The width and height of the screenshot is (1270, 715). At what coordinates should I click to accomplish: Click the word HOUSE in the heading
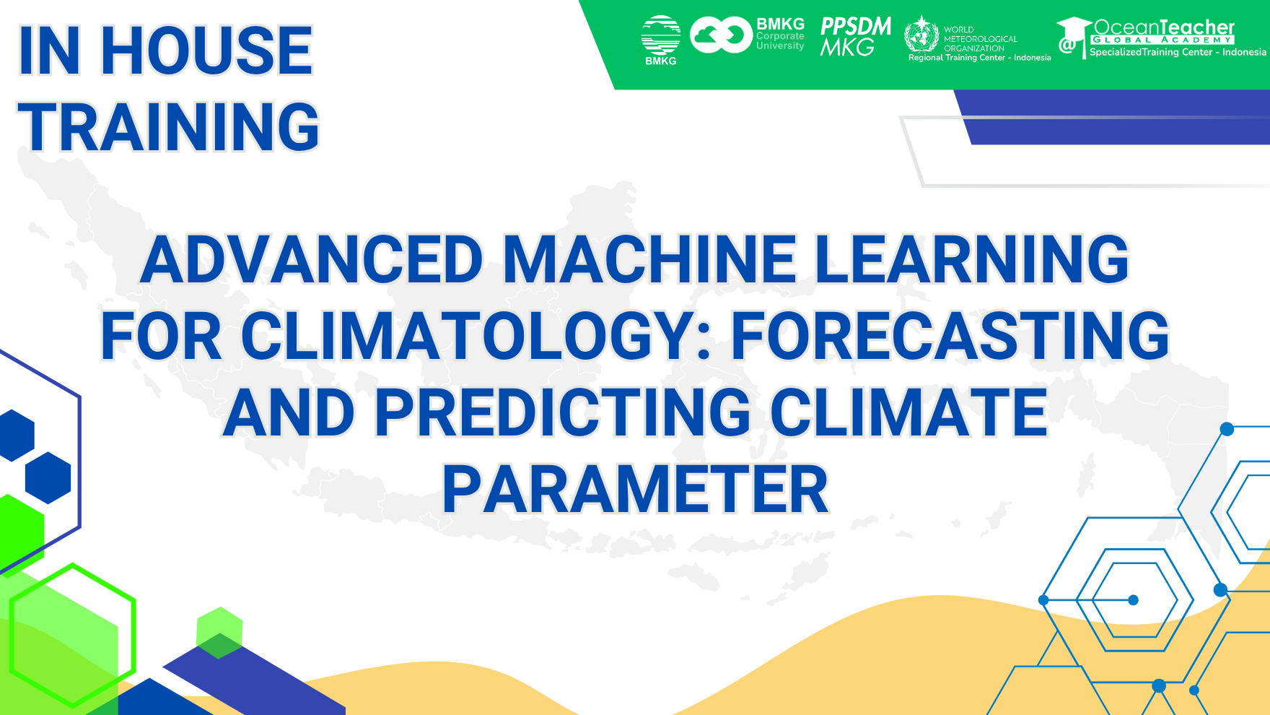(206, 51)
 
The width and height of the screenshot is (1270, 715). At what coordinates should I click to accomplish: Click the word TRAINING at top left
(168, 127)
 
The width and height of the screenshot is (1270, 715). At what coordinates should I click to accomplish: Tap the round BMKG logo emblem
(660, 35)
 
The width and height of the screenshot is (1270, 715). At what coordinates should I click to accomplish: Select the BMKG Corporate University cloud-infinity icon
(720, 35)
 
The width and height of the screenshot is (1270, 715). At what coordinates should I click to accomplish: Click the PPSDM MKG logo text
(855, 37)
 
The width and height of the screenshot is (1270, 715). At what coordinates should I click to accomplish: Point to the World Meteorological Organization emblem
(921, 34)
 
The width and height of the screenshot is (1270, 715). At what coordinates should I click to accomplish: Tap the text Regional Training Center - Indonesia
(979, 58)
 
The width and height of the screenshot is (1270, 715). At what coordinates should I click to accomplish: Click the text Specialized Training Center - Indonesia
(1177, 53)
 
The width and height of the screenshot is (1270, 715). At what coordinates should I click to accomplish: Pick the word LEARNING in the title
(971, 260)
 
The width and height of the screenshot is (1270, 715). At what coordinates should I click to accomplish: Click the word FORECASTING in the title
(950, 337)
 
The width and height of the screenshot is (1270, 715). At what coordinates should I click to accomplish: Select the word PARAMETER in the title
(635, 490)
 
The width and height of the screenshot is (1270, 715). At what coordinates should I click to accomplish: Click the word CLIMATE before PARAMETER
(908, 413)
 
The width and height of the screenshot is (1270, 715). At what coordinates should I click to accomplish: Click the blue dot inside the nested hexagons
(1133, 600)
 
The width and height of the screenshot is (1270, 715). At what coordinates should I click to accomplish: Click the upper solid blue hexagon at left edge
(14, 435)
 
